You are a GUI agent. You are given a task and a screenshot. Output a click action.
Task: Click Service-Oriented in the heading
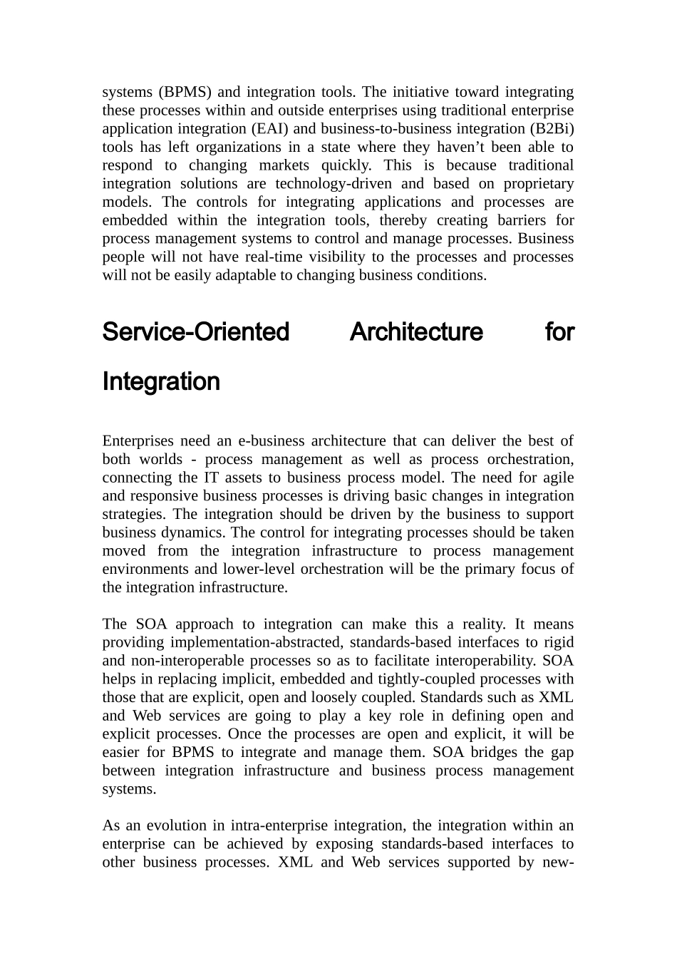point(196,332)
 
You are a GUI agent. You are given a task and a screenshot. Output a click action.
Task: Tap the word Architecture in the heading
point(416,332)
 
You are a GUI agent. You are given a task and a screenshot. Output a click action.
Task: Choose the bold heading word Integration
point(161,382)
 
